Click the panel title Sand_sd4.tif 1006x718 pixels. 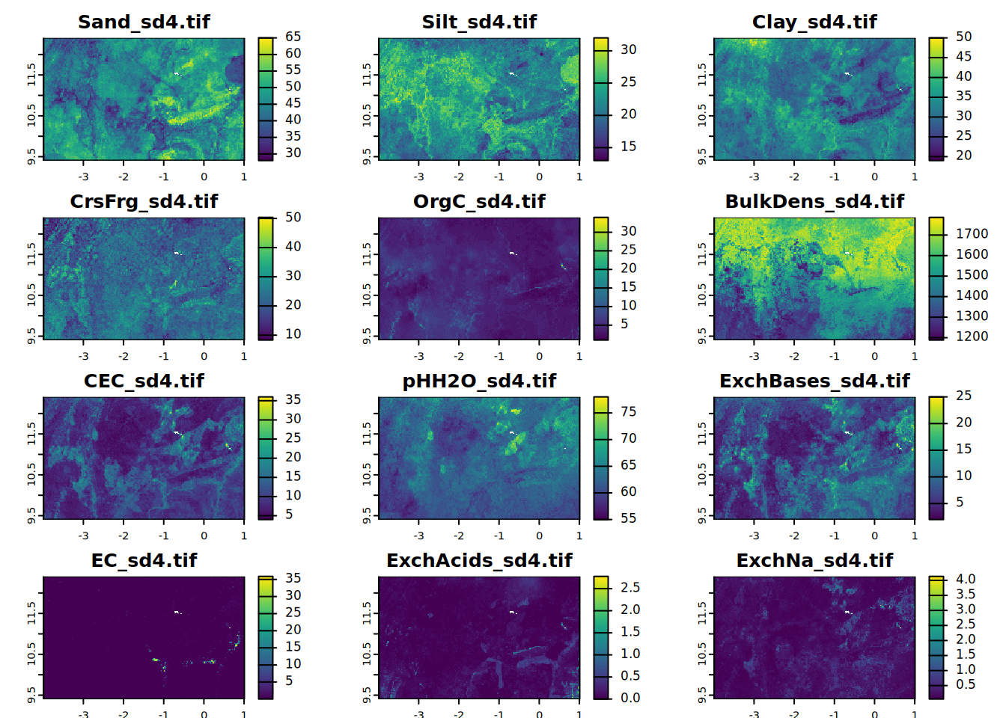[144, 22]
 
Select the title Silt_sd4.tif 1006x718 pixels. [479, 22]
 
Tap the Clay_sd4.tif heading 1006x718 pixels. [814, 22]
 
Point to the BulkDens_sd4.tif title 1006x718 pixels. [814, 201]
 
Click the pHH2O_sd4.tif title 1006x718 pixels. [479, 381]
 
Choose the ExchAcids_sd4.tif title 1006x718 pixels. [479, 560]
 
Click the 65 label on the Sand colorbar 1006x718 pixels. [293, 37]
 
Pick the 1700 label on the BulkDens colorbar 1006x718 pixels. [972, 233]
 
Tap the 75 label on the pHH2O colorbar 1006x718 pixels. [628, 411]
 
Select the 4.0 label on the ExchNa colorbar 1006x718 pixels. [965, 579]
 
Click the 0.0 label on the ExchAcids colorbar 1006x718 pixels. [630, 697]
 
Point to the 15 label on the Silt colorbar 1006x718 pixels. [628, 146]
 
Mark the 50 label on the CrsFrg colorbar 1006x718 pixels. [293, 217]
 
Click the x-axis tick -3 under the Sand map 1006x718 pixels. [83, 177]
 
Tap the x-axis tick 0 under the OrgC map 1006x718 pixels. [539, 356]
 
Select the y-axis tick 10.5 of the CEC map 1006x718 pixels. [31, 474]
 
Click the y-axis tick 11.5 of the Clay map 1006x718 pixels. [702, 74]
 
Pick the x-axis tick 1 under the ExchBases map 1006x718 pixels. [915, 536]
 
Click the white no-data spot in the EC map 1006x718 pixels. [177, 613]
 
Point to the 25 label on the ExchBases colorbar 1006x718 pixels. [963, 396]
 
